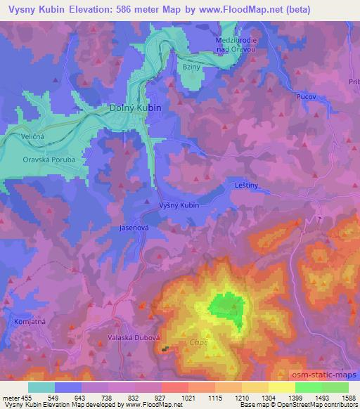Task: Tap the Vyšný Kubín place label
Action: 179,205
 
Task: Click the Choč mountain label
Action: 198,343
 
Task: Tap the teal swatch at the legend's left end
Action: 41,387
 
